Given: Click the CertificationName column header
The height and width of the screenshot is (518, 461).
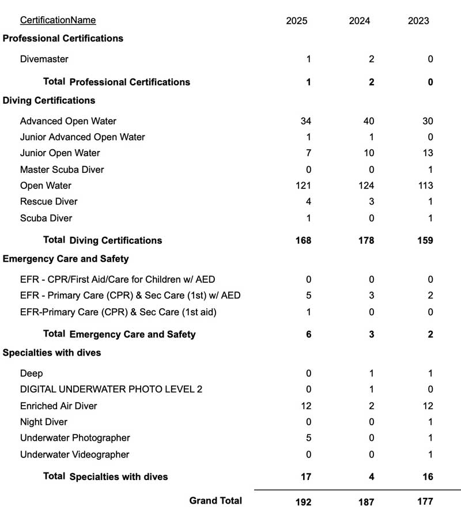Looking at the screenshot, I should pos(58,20).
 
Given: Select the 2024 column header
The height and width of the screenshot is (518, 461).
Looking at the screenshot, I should pos(360,21).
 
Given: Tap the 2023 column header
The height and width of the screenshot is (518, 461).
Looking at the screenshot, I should pos(418,21).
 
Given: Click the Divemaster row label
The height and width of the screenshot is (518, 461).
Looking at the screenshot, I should pos(44,59).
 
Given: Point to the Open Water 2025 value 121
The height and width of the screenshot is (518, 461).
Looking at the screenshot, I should pos(303,186).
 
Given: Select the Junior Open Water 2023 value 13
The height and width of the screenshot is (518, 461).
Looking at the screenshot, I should pos(428,153).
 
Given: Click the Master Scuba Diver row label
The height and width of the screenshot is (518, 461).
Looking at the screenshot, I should pos(62,169).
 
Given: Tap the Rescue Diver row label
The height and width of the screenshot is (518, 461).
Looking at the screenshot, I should pos(48,201).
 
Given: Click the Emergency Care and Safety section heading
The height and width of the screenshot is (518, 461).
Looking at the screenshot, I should pos(66,258).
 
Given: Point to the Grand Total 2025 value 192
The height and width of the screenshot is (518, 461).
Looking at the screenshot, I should pos(303,502).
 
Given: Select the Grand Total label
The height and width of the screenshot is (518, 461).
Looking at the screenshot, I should pos(216,501).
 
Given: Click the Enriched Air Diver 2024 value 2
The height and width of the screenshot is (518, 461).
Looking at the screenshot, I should pos(371,406).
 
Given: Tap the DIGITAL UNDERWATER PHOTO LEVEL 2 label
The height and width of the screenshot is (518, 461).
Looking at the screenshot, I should pos(111,389).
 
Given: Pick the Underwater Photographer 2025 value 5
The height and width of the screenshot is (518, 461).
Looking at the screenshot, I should pos(308,438).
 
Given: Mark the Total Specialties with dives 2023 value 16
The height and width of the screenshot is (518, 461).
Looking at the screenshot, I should pos(427,477).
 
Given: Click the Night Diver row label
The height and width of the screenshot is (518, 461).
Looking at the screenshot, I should pos(44,422).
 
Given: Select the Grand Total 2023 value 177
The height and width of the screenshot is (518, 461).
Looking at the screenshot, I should pos(425,502).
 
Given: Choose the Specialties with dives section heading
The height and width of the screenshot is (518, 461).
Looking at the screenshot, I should pos(52,353).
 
